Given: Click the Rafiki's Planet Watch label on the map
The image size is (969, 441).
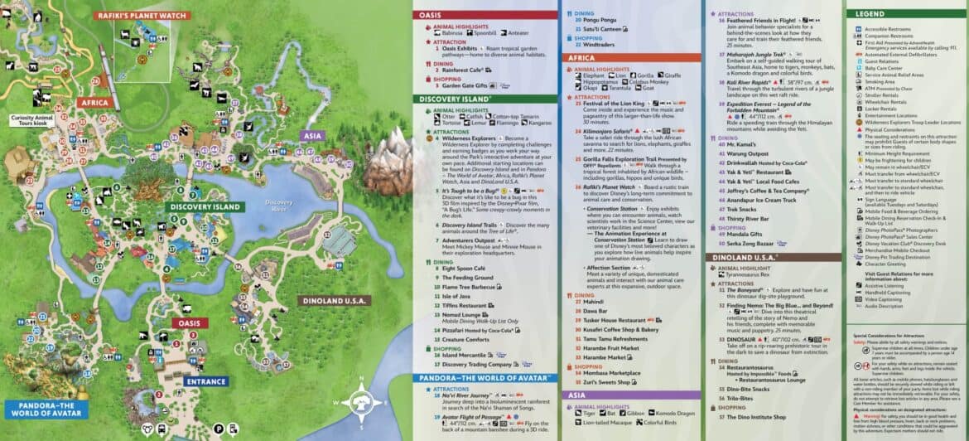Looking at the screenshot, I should point(142,14).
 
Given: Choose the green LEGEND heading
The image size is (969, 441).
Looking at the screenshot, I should point(871,13).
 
